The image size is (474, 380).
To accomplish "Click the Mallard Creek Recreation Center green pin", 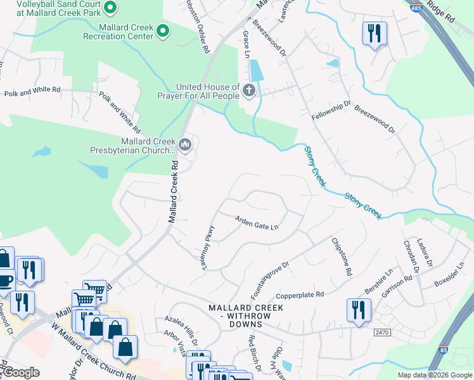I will pyautogui.click(x=163, y=30).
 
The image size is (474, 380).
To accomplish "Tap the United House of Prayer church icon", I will pyautogui.click(x=248, y=91).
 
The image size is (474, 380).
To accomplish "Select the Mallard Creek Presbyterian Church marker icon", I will pyautogui.click(x=185, y=145).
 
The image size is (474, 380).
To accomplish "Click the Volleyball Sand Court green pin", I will pyautogui.click(x=110, y=8).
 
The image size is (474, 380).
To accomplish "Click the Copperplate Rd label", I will pyautogui.click(x=300, y=295).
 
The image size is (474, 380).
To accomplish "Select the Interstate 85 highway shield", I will pyautogui.click(x=442, y=350).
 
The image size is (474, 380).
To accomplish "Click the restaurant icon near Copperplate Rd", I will pyautogui.click(x=359, y=310).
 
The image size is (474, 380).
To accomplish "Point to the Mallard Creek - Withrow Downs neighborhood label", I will pyautogui.click(x=246, y=312).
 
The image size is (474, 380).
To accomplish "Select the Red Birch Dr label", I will pyautogui.click(x=254, y=353).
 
